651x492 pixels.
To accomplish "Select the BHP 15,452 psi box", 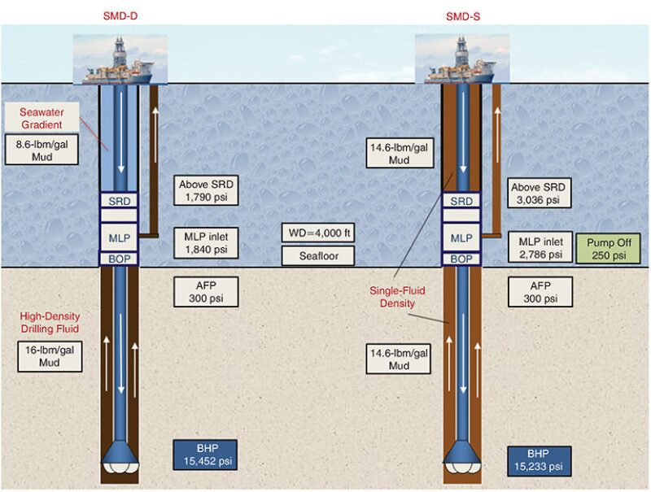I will [204, 455].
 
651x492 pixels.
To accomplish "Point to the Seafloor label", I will [317, 257].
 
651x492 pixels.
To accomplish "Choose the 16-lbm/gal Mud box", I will [50, 356].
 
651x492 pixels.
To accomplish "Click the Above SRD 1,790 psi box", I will [205, 189].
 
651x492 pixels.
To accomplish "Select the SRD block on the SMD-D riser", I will [119, 201].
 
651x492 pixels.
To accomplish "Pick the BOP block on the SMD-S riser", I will [461, 259].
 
